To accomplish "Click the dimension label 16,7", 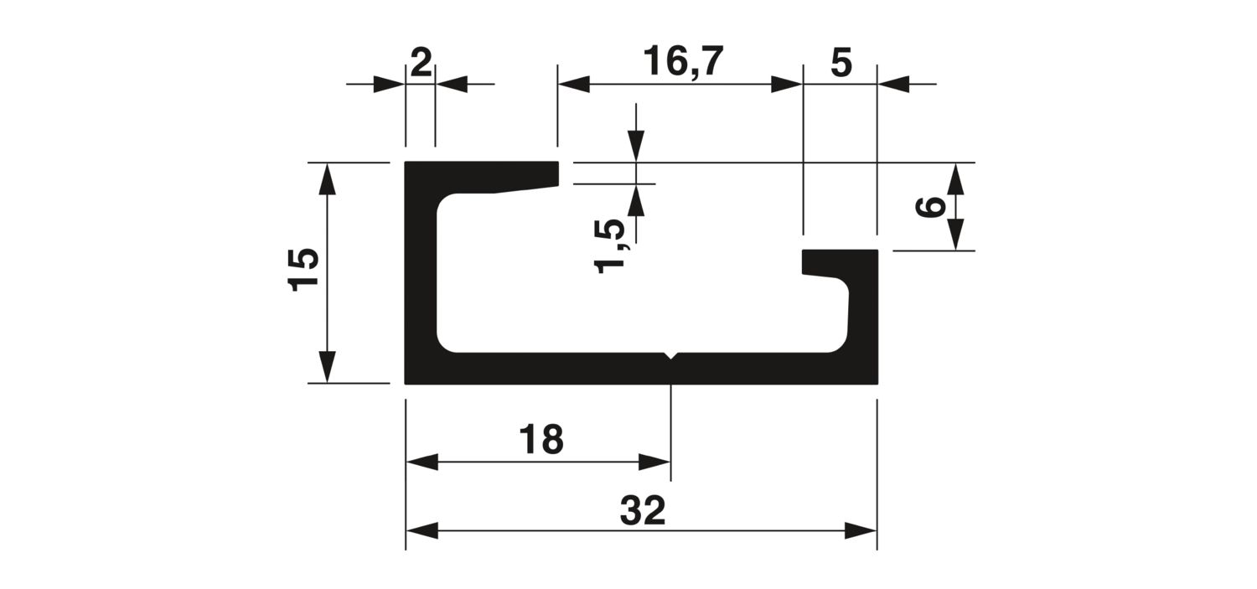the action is [683, 61].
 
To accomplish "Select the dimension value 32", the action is [643, 510].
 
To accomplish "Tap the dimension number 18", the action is [541, 440].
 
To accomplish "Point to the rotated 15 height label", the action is [303, 269].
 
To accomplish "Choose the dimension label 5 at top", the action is [841, 63].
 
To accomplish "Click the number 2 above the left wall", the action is [421, 63].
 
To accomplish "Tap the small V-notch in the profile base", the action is [671, 355].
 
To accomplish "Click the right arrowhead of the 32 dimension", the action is [861, 530].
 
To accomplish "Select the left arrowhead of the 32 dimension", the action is [422, 530].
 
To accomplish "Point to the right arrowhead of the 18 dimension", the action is [654, 462].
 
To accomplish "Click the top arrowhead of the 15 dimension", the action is [327, 178].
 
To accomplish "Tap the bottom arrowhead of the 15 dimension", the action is [327, 367].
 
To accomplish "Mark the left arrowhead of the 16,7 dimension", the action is [574, 85].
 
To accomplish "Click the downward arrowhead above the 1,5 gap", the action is [636, 146].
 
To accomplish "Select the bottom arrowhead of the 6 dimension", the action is [955, 234].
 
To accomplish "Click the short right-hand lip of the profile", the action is [840, 263].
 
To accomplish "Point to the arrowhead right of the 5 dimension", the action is [893, 85].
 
